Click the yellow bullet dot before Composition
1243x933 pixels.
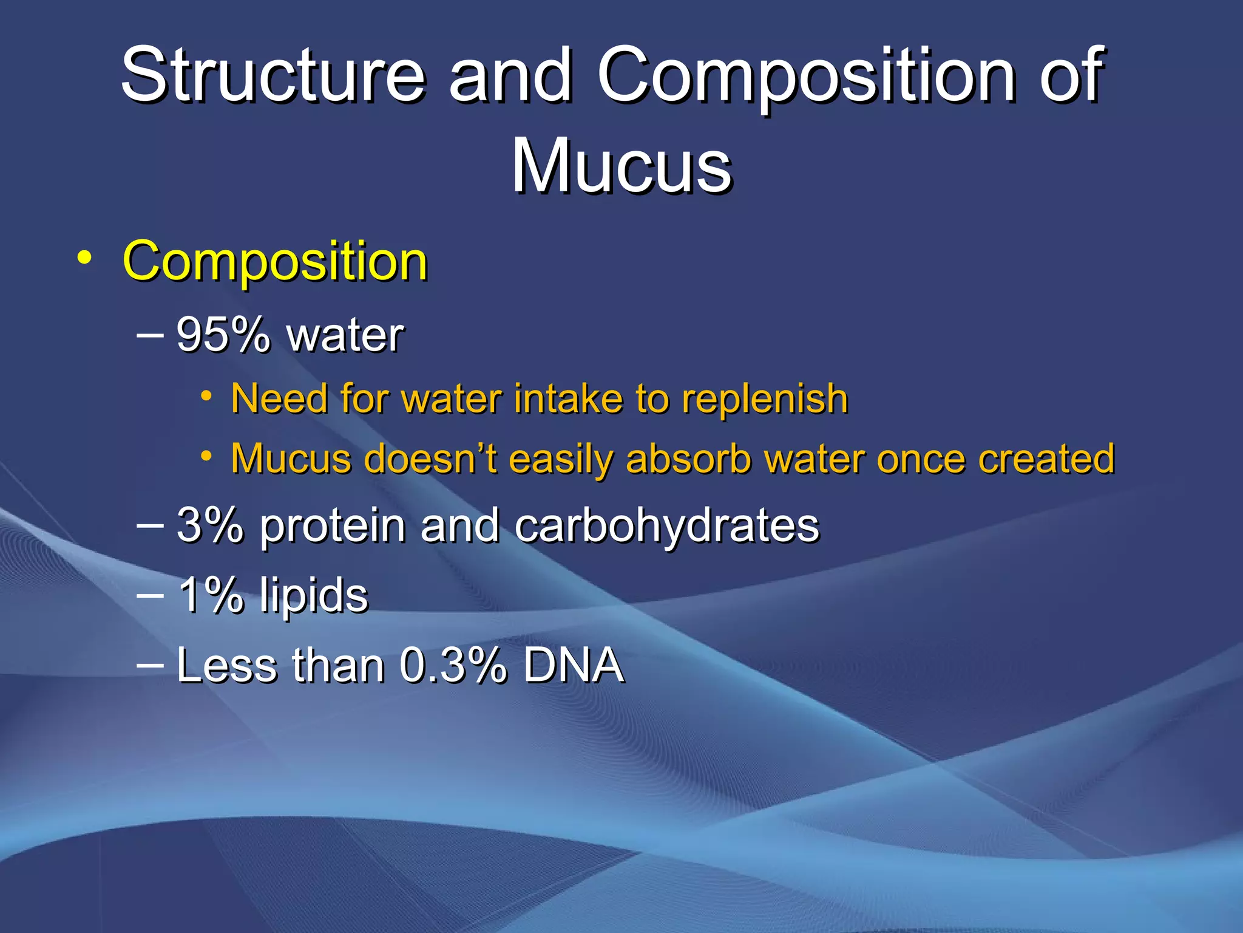pos(85,258)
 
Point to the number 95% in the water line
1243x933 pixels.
pos(222,335)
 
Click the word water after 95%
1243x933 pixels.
pos(345,336)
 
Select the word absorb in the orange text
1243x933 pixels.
pos(689,459)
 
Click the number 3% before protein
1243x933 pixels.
pos(209,525)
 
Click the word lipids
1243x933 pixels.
pos(314,596)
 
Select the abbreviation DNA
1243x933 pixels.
pos(573,666)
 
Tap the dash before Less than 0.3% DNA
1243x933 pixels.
pos(150,665)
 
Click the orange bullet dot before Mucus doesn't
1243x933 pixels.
pos(207,456)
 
